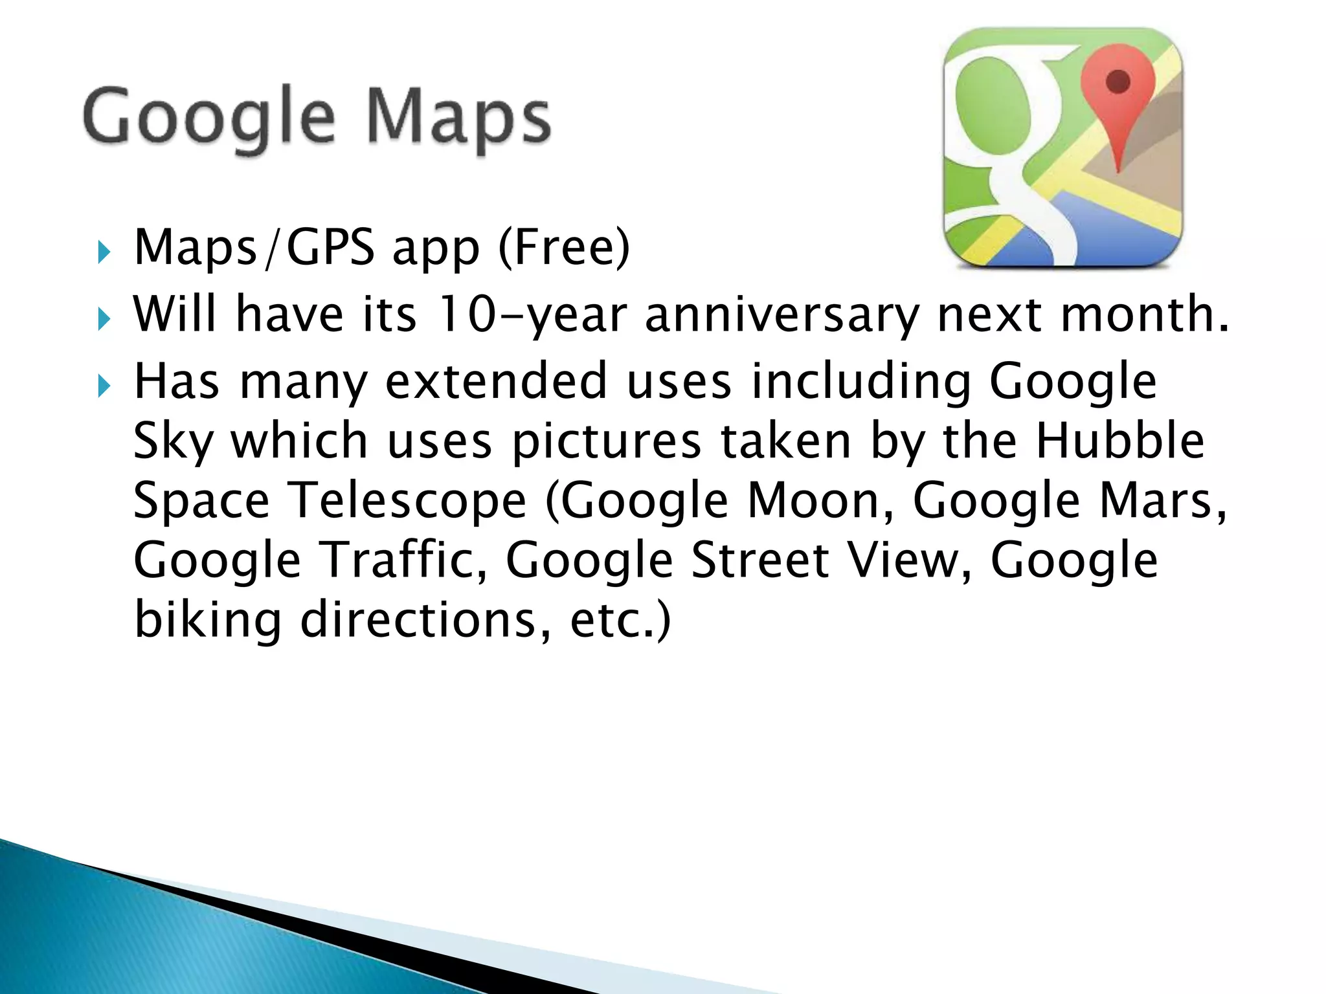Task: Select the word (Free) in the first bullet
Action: pyautogui.click(x=564, y=248)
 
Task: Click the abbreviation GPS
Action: pyautogui.click(x=330, y=248)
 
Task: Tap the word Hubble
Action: pyautogui.click(x=1119, y=441)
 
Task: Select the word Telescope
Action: pyautogui.click(x=407, y=500)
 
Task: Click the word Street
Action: pyautogui.click(x=760, y=560)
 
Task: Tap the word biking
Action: pyautogui.click(x=207, y=620)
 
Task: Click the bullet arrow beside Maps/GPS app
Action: pyautogui.click(x=104, y=252)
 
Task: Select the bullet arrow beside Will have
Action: pyautogui.click(x=104, y=318)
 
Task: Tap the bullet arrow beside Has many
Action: pyautogui.click(x=104, y=386)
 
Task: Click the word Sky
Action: pyautogui.click(x=173, y=441)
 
